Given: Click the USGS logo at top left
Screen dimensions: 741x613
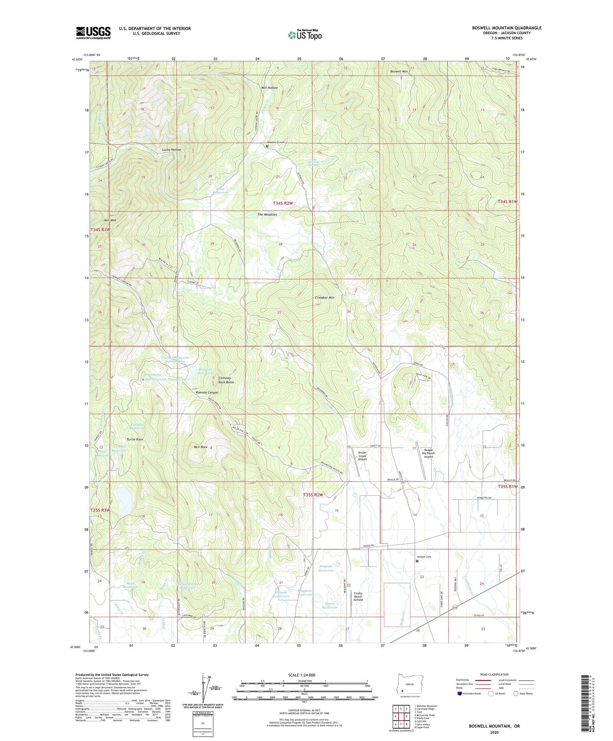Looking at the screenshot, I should click(93, 33).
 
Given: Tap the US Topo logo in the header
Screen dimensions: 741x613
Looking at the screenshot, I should click(304, 35).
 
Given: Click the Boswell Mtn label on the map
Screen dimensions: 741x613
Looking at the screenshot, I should click(399, 72).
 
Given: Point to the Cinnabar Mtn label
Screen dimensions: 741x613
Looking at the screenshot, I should click(325, 298).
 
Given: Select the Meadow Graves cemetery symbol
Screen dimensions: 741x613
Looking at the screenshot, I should click(267, 146).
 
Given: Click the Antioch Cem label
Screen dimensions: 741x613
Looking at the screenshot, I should click(424, 557).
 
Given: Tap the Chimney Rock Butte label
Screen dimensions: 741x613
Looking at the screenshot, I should click(226, 380).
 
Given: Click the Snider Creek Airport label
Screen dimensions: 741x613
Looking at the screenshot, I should click(362, 456).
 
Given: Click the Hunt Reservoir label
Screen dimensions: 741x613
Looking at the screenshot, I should click(220, 191).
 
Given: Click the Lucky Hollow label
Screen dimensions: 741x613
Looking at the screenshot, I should click(171, 150).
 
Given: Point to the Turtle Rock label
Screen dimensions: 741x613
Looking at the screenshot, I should click(134, 439).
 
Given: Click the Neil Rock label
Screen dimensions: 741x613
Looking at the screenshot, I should click(201, 447).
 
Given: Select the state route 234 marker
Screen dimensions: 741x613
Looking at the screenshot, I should click(455, 608).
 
